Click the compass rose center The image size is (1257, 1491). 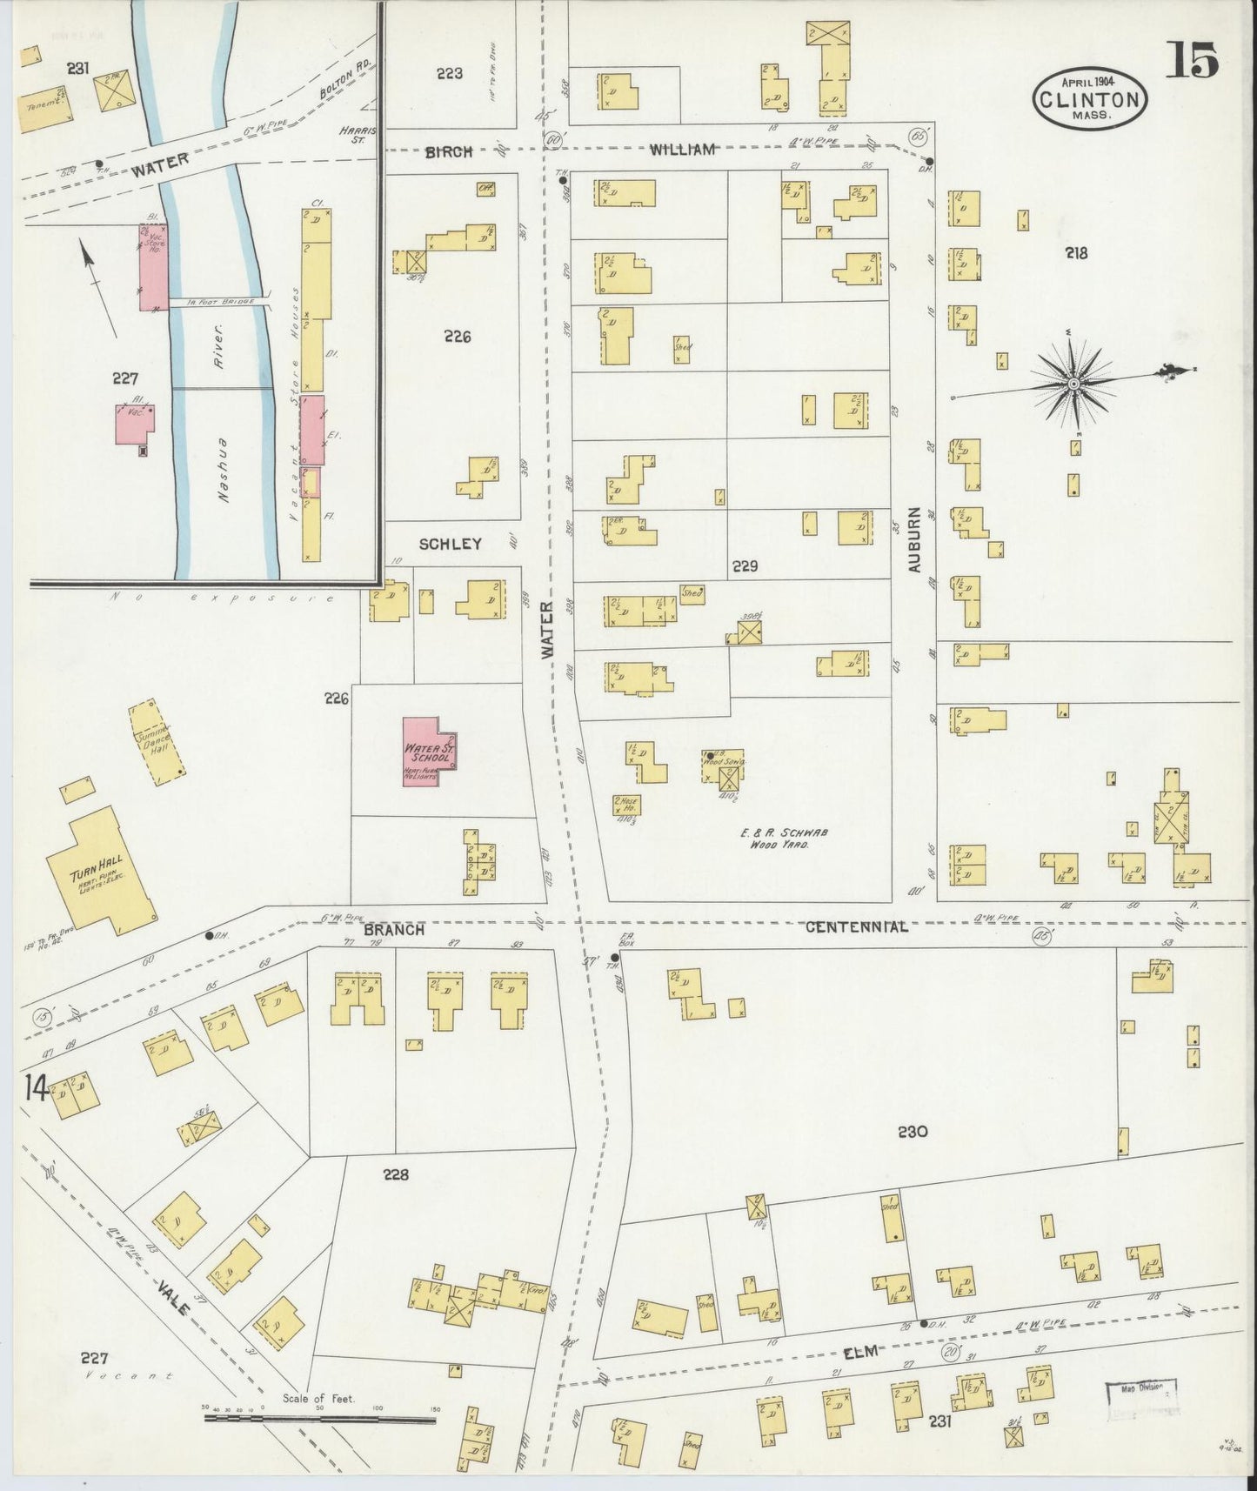point(1073,383)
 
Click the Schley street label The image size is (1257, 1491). point(450,544)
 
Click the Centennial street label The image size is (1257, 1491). point(856,927)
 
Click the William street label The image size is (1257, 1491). point(682,150)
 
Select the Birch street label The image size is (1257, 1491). point(449,151)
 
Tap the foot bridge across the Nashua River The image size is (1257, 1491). point(217,302)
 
